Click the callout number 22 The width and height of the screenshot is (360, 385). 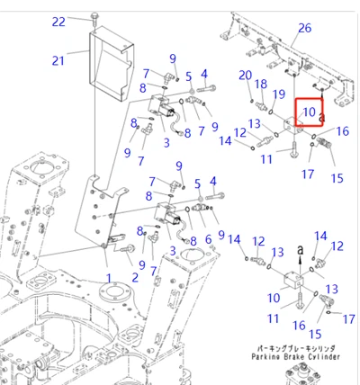pyautogui.click(x=58, y=22)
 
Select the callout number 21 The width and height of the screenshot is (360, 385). pyautogui.click(x=58, y=60)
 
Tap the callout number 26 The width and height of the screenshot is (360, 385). pyautogui.click(x=305, y=28)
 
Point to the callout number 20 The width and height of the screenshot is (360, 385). pyautogui.click(x=245, y=75)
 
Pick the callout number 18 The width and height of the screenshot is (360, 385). pyautogui.click(x=261, y=84)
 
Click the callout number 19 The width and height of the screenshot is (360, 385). pyautogui.click(x=279, y=94)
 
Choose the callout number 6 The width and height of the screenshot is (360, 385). pyautogui.click(x=208, y=239)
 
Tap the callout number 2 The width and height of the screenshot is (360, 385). pyautogui.click(x=135, y=278)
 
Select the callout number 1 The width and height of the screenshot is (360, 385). pyautogui.click(x=109, y=278)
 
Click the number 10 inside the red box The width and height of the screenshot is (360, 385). pyautogui.click(x=310, y=112)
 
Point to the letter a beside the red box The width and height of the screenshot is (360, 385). pyautogui.click(x=322, y=118)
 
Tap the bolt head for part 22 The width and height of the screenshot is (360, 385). pyautogui.click(x=95, y=14)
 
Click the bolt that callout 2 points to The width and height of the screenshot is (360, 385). pyautogui.click(x=128, y=248)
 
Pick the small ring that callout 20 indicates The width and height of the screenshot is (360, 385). pyautogui.click(x=252, y=101)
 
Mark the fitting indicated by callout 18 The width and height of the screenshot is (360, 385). pyautogui.click(x=260, y=106)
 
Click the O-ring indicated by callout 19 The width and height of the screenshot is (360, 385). pyautogui.click(x=271, y=112)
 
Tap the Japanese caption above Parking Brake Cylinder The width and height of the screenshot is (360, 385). pyautogui.click(x=296, y=349)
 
